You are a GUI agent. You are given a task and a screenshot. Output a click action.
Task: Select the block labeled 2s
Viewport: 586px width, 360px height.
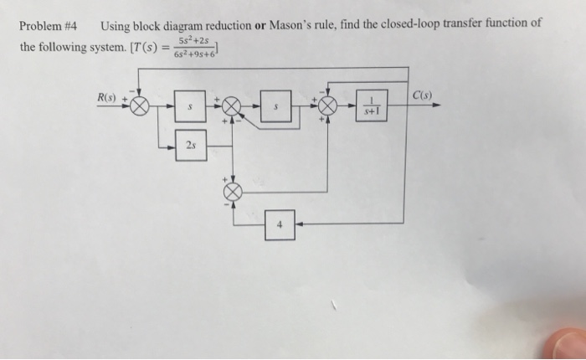pos(191,145)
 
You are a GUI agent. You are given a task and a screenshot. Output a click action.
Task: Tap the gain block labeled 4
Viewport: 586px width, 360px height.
pos(280,225)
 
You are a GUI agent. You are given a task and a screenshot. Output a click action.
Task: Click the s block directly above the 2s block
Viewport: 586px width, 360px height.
pos(191,107)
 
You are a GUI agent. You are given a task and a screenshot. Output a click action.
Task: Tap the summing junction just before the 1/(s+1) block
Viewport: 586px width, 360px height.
pos(327,107)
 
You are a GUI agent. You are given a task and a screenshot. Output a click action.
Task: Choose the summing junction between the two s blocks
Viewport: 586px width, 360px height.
pos(232,107)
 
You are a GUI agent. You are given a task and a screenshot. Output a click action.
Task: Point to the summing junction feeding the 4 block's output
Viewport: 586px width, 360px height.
pos(233,192)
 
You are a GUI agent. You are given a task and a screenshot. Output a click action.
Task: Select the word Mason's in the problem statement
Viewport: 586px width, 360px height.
pos(290,24)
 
